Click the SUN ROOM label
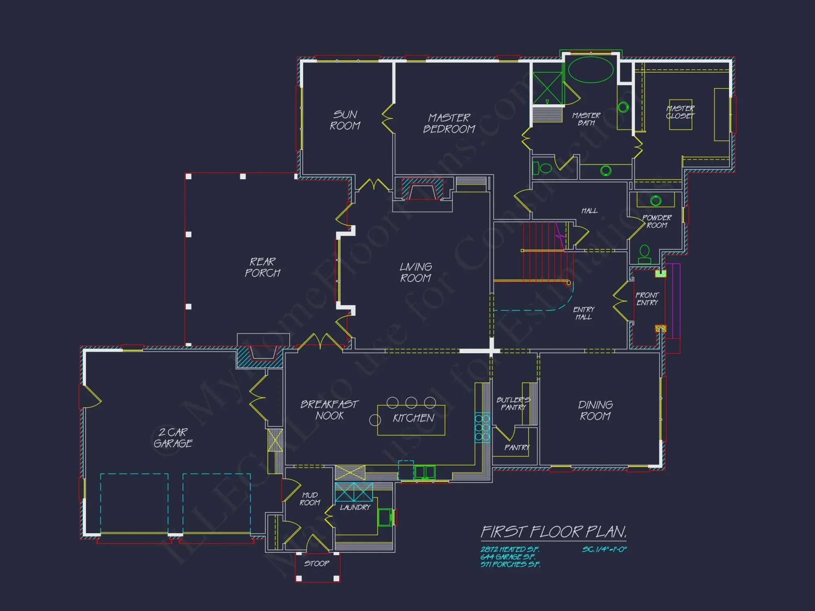[345, 120]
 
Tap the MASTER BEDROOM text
[449, 123]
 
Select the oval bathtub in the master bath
[590, 70]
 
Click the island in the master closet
[680, 115]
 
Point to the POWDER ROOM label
[657, 221]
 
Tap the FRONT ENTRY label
[647, 299]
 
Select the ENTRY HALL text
[584, 313]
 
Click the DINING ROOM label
[595, 410]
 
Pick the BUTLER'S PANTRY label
[513, 403]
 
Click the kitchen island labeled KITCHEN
[411, 420]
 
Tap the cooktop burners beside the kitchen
[482, 428]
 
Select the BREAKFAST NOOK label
[329, 410]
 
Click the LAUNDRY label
[355, 507]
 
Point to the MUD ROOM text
[310, 499]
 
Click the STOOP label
[317, 563]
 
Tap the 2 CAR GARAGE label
[173, 437]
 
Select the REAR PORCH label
[262, 267]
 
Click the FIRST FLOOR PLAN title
[553, 532]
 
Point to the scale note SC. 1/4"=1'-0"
[604, 549]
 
